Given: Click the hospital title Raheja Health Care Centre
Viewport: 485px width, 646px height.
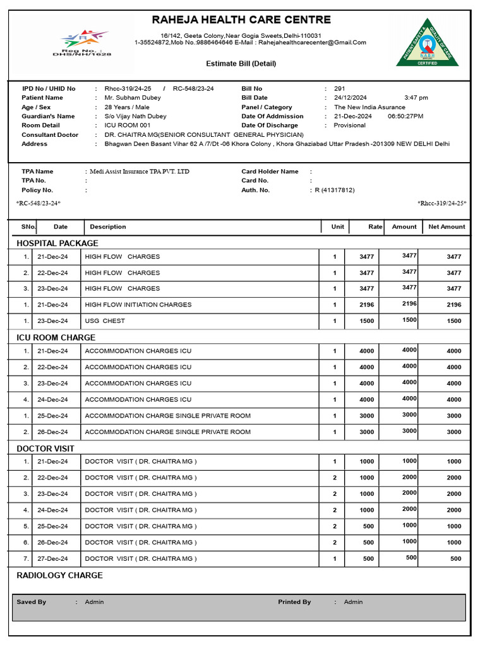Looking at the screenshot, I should (241, 20).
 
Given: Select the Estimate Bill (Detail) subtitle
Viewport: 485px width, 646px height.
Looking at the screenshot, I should (241, 64).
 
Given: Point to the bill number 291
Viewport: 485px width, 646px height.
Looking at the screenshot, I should (339, 89).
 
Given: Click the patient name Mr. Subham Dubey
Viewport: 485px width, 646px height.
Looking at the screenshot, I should (133, 98).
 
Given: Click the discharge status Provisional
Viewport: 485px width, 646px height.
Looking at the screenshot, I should (350, 126).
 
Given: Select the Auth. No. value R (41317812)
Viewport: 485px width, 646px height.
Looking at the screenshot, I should (335, 190).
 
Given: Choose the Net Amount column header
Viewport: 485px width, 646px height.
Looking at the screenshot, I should (446, 226).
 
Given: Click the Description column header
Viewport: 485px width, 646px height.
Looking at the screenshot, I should (108, 226).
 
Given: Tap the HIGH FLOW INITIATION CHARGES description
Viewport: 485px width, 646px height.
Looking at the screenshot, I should (138, 305).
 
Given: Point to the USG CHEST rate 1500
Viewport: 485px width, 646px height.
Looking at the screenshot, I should (366, 321).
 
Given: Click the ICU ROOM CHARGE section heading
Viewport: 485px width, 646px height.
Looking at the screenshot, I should (56, 338).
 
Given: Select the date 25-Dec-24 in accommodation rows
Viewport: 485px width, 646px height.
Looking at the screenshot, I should (52, 416).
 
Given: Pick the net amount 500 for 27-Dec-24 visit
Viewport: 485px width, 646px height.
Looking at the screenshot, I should (455, 559).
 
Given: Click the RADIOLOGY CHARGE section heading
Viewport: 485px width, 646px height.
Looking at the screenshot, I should (59, 575).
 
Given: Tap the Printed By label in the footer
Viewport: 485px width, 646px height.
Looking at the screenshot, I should (294, 602).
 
